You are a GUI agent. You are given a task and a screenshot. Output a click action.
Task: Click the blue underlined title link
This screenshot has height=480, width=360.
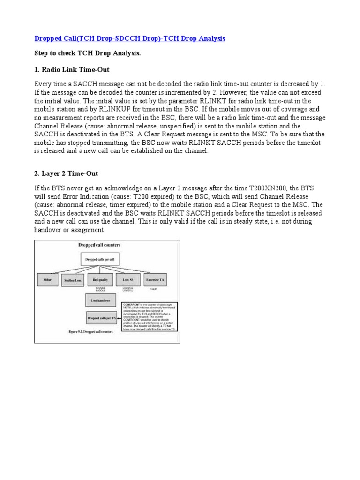pos(130,38)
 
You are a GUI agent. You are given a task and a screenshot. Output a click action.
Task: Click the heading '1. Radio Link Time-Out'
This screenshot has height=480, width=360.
pos(72,70)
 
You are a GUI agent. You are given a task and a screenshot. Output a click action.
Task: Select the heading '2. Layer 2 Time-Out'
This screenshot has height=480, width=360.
pos(66,173)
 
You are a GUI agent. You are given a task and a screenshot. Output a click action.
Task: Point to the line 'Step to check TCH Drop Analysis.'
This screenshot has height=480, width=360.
pos(88,54)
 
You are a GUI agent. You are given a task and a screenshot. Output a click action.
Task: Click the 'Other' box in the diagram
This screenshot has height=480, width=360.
pos(47,280)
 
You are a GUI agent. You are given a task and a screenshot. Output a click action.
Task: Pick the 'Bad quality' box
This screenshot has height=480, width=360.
pos(100,280)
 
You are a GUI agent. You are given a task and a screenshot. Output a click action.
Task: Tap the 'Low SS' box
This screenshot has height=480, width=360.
pos(127,280)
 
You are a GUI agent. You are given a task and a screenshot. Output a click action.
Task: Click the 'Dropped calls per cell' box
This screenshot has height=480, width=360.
pos(101,259)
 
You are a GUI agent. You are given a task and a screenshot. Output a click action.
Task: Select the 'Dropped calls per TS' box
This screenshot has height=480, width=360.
pos(101,317)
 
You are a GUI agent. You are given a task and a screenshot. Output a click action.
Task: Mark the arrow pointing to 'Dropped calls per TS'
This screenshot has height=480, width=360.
pos(119,317)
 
